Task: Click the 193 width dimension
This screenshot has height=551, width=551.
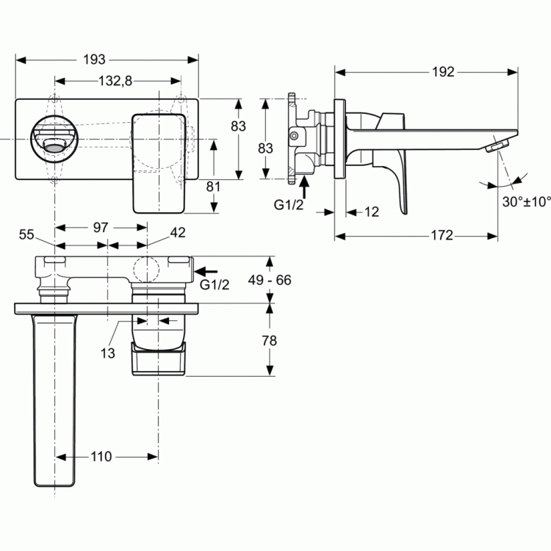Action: [94, 60]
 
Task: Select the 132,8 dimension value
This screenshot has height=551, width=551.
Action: [115, 81]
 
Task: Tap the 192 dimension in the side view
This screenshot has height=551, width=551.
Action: [443, 72]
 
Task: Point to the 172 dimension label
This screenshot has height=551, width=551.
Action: [442, 235]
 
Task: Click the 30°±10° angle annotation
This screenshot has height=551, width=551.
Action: [527, 202]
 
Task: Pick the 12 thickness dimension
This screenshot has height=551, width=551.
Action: [372, 212]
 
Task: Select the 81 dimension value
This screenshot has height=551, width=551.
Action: [213, 187]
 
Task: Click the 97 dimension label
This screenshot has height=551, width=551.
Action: [101, 228]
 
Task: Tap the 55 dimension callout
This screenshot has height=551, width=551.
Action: [26, 234]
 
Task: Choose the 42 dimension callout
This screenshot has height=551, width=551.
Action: [178, 232]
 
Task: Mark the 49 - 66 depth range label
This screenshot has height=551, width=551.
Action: [270, 280]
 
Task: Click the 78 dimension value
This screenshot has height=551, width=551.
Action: [269, 340]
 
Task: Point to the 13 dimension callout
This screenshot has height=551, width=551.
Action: [107, 353]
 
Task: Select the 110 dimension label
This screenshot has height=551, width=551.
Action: [101, 457]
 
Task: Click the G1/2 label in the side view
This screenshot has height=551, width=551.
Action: [289, 204]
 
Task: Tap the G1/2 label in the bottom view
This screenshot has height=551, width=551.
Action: [215, 284]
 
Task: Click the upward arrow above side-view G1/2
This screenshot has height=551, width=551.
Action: [304, 187]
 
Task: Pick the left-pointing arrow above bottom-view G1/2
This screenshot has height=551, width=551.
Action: [206, 271]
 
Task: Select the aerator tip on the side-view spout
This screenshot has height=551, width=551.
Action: [497, 145]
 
